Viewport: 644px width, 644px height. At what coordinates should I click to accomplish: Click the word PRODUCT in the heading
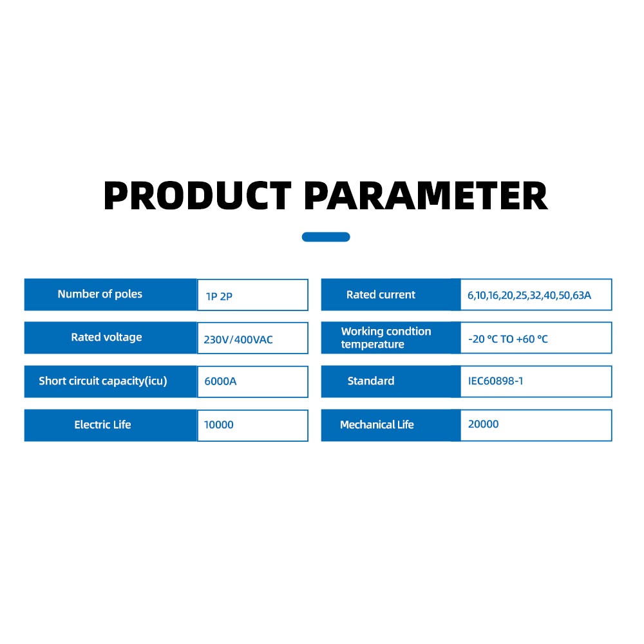198,196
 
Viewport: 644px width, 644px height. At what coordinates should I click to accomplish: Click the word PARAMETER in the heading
426,196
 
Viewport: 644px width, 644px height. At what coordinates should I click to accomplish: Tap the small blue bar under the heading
326,237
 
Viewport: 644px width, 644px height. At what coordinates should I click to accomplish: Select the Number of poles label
100,294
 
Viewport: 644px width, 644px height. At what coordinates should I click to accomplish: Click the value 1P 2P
219,296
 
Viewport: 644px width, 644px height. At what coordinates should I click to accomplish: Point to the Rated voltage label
106,337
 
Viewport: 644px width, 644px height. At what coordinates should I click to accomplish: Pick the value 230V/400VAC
238,339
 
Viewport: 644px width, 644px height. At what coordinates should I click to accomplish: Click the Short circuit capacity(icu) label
103,381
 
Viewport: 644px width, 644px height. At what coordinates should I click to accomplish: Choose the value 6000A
220,381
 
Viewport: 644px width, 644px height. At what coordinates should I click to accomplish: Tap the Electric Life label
102,424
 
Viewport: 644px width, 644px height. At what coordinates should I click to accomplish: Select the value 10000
218,424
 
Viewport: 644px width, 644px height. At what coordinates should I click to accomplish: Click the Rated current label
381,294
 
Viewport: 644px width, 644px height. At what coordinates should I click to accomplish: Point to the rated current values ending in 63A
529,296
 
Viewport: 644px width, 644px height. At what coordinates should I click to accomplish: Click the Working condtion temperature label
386,337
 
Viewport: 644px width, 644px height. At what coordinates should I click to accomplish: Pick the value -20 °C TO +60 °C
508,339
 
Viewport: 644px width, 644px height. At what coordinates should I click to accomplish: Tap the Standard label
371,381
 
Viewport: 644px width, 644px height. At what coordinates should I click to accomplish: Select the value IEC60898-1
496,381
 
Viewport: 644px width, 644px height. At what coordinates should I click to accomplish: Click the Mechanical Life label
377,424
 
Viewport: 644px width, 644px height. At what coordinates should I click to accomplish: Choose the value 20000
484,424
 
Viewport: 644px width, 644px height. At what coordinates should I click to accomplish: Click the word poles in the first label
128,294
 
